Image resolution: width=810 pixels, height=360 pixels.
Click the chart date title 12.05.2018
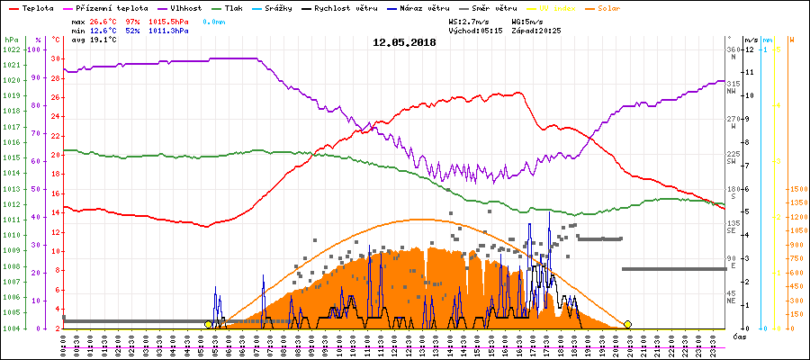[x=404, y=42]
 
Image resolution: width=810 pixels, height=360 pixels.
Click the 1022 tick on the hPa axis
[x=11, y=49]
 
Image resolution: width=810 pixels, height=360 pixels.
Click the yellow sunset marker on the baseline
[x=627, y=324]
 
